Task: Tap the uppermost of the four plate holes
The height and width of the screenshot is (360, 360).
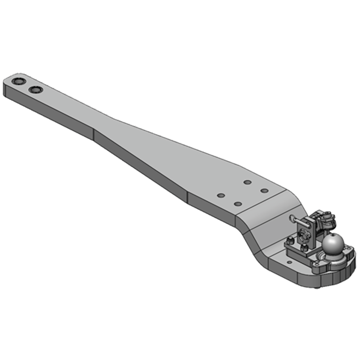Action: click(x=247, y=182)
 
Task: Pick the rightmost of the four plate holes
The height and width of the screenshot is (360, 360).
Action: click(x=265, y=190)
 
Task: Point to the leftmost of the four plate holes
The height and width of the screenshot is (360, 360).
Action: click(x=220, y=196)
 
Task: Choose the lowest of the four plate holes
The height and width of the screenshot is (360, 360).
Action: click(x=238, y=204)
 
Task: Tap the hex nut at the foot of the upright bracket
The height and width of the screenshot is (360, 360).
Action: click(x=304, y=247)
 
